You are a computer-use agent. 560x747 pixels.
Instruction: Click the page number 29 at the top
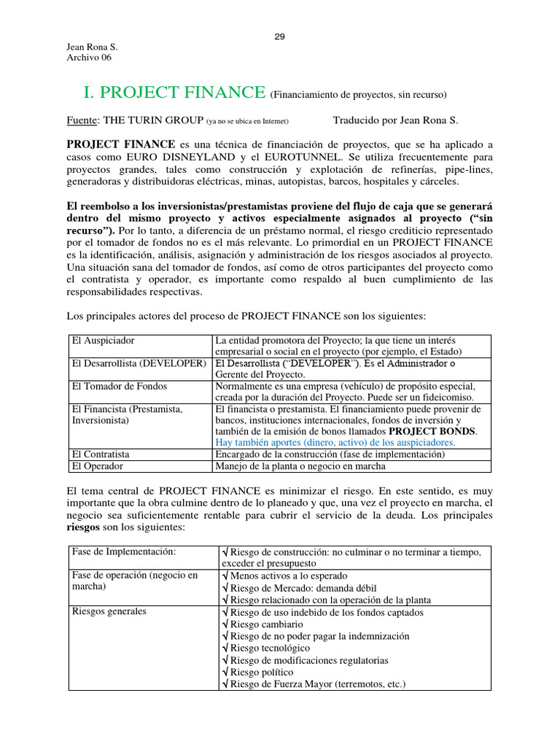[x=279, y=38]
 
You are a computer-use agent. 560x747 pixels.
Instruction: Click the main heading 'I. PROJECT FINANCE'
[x=175, y=93]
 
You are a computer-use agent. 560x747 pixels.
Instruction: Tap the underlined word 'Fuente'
[x=80, y=120]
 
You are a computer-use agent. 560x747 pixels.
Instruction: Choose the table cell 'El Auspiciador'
[x=103, y=341]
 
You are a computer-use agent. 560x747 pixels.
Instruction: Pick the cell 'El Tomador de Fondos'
[x=119, y=386]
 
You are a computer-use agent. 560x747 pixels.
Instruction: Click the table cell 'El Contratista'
[x=101, y=454]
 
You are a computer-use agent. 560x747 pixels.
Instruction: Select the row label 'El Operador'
[x=97, y=465]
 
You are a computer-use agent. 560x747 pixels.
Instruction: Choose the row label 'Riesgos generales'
[x=109, y=612]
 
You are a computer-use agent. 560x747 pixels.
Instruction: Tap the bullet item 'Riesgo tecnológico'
[x=269, y=648]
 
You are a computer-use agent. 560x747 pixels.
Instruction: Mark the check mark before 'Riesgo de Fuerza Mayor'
[x=224, y=684]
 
